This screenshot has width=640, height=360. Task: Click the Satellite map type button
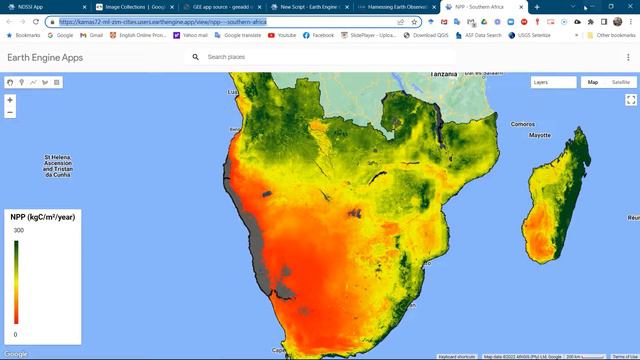[x=621, y=82]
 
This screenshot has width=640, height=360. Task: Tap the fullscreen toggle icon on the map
[x=631, y=100]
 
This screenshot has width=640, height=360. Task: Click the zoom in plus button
[x=10, y=100]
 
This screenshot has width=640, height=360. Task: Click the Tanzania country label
[x=445, y=75]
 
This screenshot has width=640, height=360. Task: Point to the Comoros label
[x=523, y=125]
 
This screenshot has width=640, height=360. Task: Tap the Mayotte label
[x=540, y=135]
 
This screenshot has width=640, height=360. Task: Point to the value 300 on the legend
[x=18, y=231]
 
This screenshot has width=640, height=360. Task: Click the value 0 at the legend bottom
[x=14, y=335]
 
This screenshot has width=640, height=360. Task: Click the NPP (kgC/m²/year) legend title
[x=43, y=216]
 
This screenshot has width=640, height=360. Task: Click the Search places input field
[x=300, y=57]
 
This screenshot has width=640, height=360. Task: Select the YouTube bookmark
[x=283, y=35]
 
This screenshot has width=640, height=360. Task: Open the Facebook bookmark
[x=319, y=35]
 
